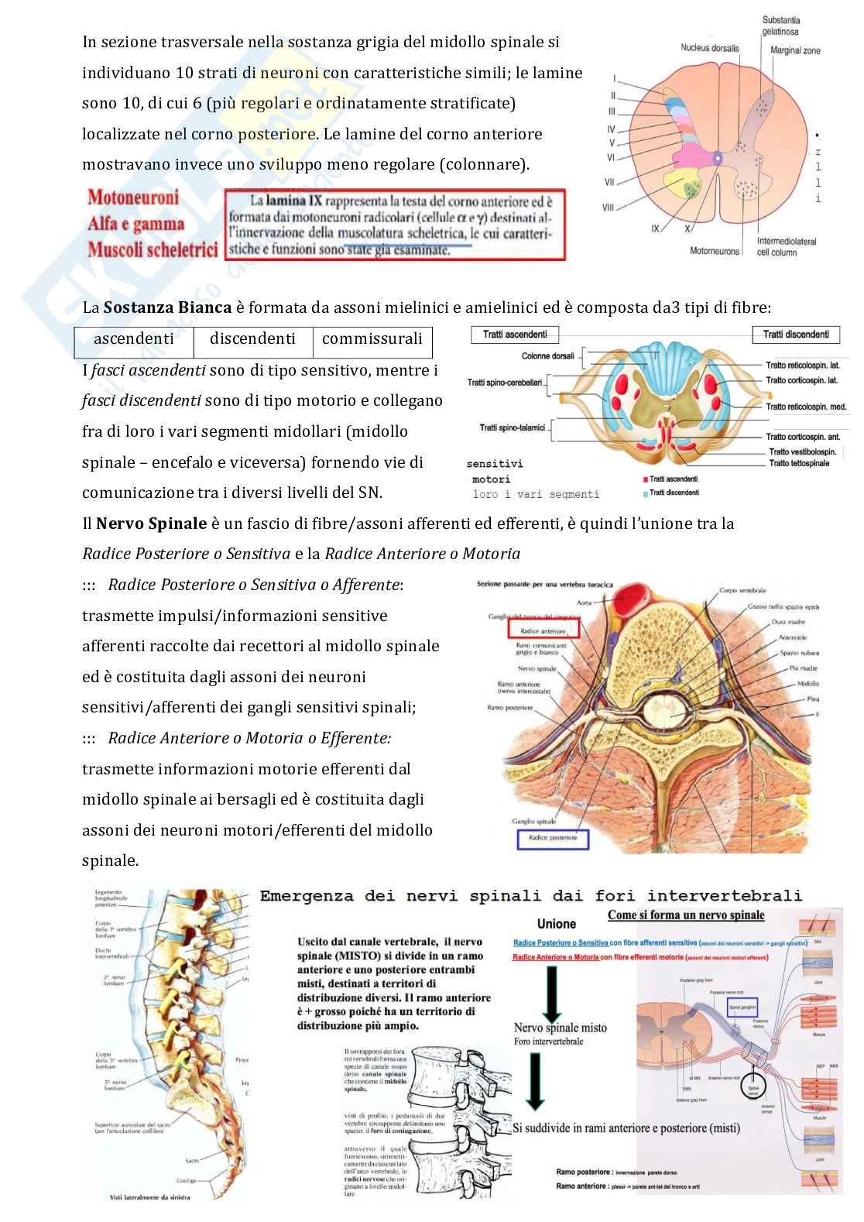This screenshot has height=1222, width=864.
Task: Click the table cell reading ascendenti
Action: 133,339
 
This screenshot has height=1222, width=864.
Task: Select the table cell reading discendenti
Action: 252,339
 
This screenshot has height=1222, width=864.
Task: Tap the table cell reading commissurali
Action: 372,339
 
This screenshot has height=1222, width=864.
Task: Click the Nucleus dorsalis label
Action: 709,48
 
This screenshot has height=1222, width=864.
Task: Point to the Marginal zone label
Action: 795,51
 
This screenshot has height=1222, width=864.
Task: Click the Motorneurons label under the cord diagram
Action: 715,251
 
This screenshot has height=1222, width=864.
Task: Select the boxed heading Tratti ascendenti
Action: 515,335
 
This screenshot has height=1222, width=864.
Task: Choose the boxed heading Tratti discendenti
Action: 796,335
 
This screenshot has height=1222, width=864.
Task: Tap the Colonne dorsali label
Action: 547,356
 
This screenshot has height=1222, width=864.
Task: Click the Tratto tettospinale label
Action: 799,464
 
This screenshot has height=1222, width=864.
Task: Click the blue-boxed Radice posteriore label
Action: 553,838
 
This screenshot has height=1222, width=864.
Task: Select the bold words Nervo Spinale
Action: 151,523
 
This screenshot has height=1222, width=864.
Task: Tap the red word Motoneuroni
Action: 133,197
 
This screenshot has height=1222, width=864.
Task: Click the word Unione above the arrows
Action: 556,924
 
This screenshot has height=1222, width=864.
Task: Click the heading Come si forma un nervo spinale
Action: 686,915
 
